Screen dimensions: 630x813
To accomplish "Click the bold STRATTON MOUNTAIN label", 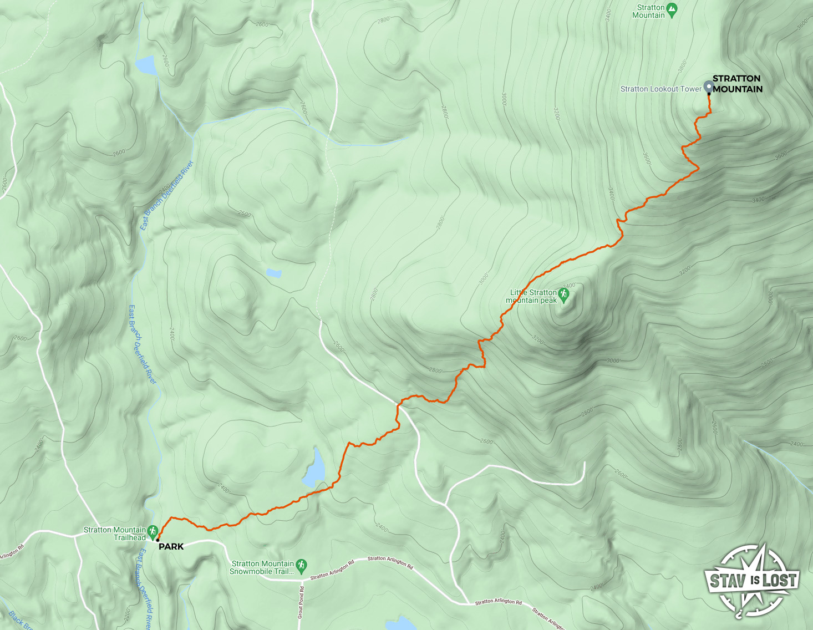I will click(x=737, y=84).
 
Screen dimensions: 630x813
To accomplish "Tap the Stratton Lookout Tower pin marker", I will click(x=708, y=87).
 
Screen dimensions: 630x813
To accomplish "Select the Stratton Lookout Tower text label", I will click(x=660, y=89).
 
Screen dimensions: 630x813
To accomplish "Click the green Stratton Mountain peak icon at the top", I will click(x=672, y=9).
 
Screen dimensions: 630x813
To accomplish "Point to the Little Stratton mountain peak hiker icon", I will click(x=565, y=295).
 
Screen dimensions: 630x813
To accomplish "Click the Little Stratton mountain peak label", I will click(x=532, y=296).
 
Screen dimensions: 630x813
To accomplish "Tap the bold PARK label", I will click(x=171, y=546).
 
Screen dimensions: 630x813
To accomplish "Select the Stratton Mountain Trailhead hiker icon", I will click(x=153, y=531).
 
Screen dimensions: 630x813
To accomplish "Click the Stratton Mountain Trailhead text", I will click(x=115, y=534).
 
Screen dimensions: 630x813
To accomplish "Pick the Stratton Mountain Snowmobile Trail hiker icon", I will click(x=301, y=565).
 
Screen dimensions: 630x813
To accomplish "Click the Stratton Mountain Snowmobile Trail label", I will click(x=262, y=567).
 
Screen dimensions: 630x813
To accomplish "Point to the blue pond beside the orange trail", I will click(x=314, y=469).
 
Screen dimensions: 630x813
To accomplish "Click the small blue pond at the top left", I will click(x=146, y=65).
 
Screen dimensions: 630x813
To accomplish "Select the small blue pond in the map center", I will click(x=273, y=272).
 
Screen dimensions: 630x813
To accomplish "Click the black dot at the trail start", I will click(x=158, y=540).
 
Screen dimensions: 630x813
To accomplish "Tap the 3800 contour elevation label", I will click(x=683, y=67).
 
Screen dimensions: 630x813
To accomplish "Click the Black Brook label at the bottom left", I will click(x=19, y=621).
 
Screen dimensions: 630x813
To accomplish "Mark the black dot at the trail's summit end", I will click(x=709, y=94).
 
